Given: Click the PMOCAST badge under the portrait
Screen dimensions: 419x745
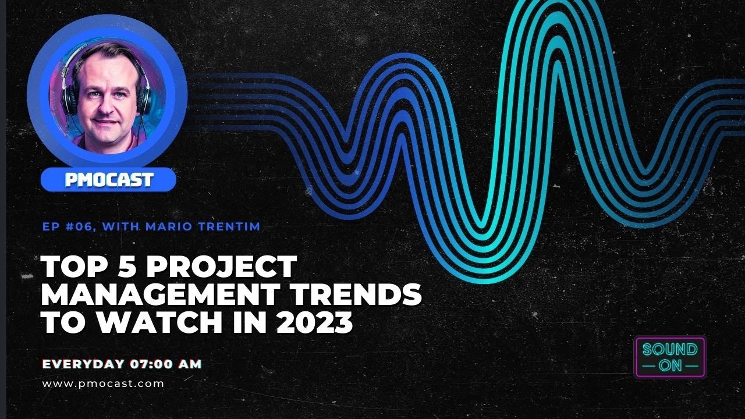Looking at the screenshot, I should (x=108, y=180).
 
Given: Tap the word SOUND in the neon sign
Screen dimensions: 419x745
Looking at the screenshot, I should (x=670, y=350).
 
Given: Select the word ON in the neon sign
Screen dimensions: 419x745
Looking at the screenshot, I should (x=670, y=366).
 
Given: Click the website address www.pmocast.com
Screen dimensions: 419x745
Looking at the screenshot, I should (x=103, y=384).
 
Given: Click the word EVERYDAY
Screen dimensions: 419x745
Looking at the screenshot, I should (x=83, y=364).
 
